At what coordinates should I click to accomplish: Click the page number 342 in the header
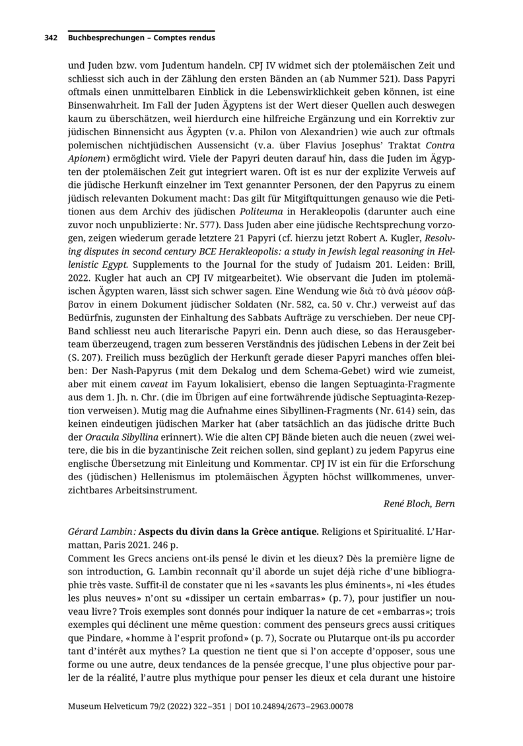coord(52,38)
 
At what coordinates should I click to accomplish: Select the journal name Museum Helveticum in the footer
coord(115,706)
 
